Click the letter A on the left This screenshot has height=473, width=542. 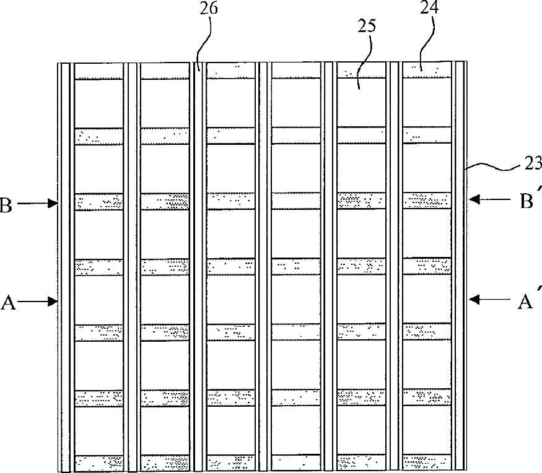coord(8,302)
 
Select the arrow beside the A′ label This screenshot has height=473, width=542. coord(486,300)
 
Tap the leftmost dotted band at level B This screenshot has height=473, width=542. coord(98,201)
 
